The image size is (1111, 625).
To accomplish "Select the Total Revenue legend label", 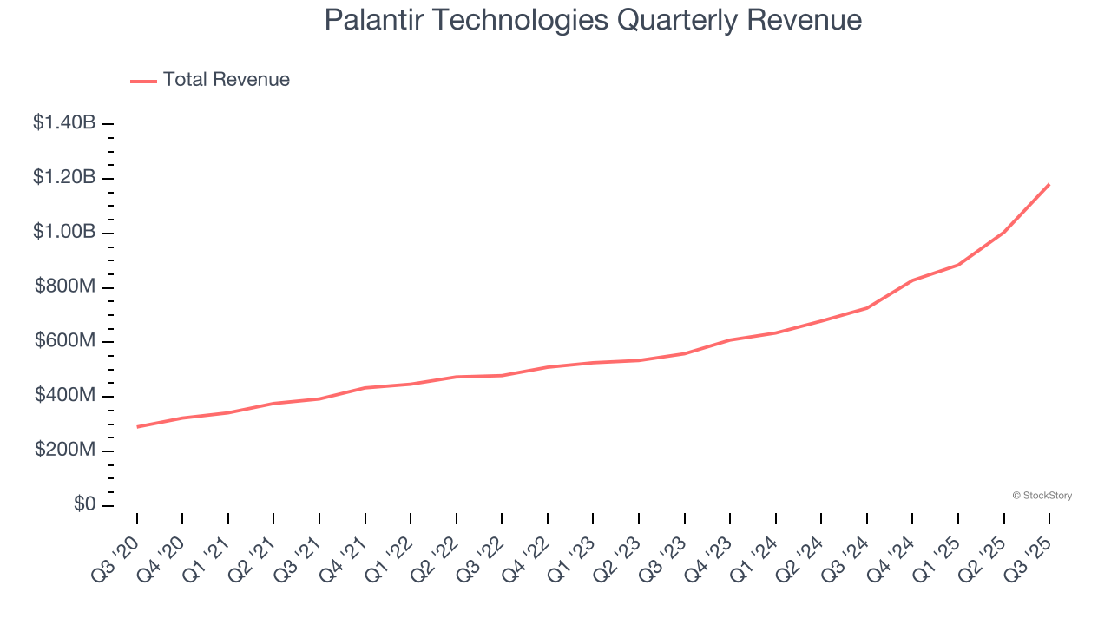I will [227, 80].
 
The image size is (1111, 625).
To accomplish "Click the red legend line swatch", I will [143, 81].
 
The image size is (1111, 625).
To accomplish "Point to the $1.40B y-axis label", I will [64, 123].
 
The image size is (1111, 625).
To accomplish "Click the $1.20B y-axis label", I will [64, 178].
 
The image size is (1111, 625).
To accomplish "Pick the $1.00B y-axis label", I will [64, 233].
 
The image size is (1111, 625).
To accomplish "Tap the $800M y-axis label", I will [67, 287].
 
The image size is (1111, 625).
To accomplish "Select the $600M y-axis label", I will [67, 341].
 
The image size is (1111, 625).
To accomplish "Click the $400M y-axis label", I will [67, 396].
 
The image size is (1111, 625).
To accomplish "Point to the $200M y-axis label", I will [67, 451].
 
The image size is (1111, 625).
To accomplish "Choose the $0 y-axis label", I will [85, 505].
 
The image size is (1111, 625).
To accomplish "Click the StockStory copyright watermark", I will [1042, 496].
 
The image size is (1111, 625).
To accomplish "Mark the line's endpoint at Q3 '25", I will [1049, 184].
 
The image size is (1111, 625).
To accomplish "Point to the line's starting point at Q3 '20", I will [137, 427].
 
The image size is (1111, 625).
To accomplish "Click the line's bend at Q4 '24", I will [912, 280].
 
